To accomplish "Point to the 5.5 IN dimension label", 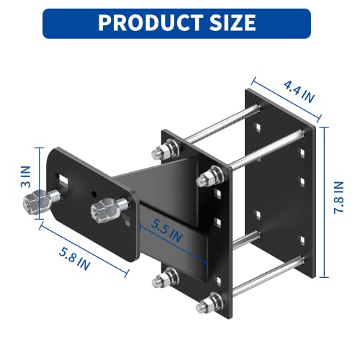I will tap(167, 231).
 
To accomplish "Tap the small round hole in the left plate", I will tap(95, 193).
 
